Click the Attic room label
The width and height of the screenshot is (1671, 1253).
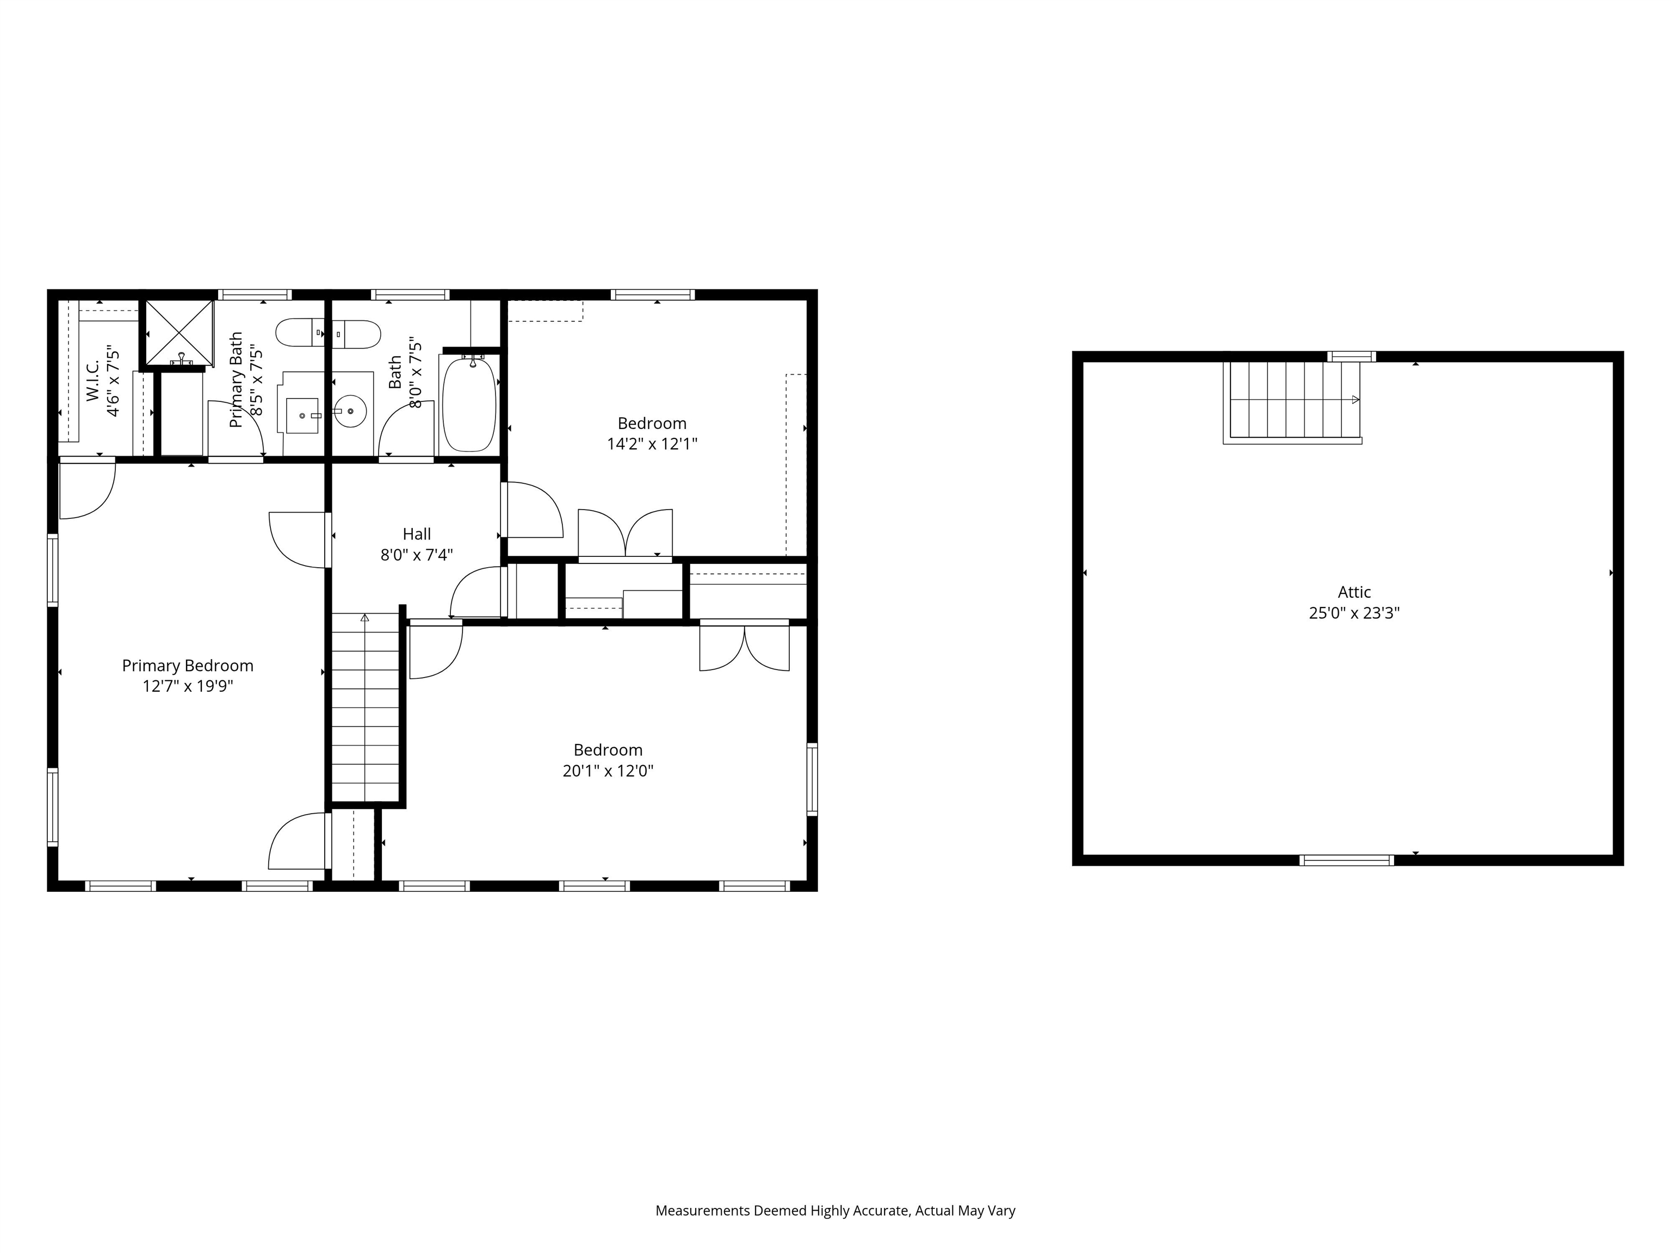(x=1354, y=592)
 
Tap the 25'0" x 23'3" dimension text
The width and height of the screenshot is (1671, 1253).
(x=1354, y=613)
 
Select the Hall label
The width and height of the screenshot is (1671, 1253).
(x=416, y=534)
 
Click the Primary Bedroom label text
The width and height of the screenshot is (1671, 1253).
(x=187, y=666)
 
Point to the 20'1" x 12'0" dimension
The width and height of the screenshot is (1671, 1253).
(x=608, y=771)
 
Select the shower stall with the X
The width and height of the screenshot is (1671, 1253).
(x=179, y=332)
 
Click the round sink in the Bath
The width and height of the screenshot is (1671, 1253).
(x=350, y=412)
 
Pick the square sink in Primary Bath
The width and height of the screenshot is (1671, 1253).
(x=302, y=415)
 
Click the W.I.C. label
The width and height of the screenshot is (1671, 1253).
(x=93, y=380)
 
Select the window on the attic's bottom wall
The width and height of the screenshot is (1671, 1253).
(x=1346, y=859)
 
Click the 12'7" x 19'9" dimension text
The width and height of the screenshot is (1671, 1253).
(x=187, y=686)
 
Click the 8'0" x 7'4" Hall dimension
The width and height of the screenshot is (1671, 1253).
(x=416, y=555)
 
